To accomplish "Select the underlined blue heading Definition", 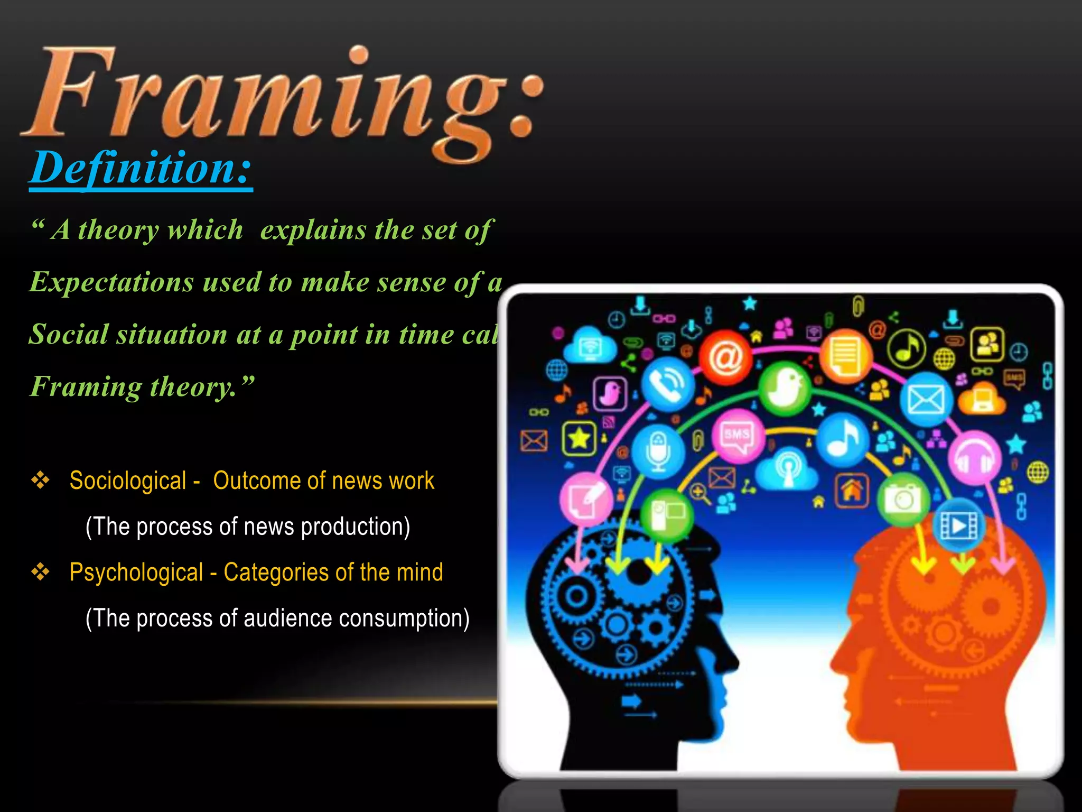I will (x=141, y=168).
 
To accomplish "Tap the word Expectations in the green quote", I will (x=111, y=282).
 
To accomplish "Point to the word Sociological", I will (x=128, y=481).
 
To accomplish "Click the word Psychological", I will (x=136, y=573).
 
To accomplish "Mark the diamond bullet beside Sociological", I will (x=41, y=481).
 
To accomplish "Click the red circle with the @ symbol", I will (x=725, y=358).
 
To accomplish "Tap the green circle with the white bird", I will (x=786, y=389).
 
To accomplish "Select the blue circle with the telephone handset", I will (x=668, y=383).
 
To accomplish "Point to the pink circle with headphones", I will (x=975, y=458).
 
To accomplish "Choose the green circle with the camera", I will (x=904, y=499).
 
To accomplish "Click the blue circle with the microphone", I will (x=658, y=451).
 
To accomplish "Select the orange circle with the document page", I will (x=845, y=355).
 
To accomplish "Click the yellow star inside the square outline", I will (x=579, y=438).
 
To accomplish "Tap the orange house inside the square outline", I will (x=851, y=491).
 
